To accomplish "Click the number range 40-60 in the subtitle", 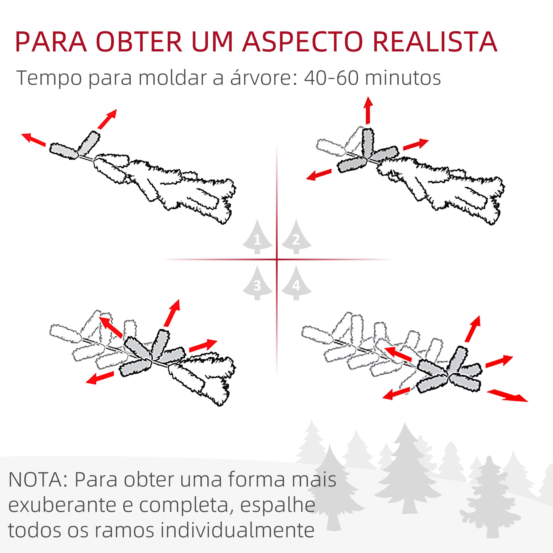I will pos(331,78).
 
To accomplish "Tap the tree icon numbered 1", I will pos(257,238).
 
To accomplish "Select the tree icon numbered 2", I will pos(296,238).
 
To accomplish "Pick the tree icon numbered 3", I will pos(257,284).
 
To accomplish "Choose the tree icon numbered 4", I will pos(296,284).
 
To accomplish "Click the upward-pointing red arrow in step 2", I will pos(368,110).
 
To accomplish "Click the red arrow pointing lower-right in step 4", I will pos(507,396).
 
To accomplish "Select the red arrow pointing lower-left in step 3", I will pos(100,377).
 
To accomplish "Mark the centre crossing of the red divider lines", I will pos(277,260).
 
